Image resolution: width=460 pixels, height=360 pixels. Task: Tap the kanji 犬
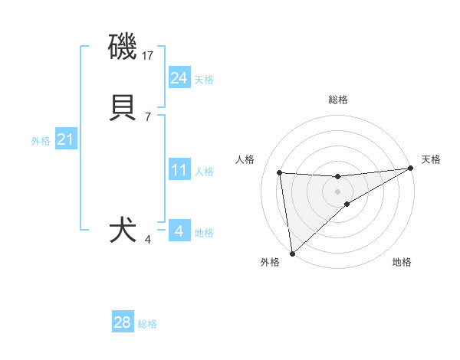[123, 231]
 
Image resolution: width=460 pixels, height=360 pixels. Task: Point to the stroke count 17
[149, 56]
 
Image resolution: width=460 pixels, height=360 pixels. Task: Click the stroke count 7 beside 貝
[147, 117]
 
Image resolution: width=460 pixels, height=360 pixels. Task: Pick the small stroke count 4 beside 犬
[147, 240]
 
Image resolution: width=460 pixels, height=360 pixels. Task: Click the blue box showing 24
[179, 78]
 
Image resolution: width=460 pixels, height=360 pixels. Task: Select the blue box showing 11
[179, 170]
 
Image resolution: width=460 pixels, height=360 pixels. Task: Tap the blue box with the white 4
[179, 231]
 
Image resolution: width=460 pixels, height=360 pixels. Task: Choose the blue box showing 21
[66, 139]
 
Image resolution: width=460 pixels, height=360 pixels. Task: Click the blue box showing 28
[123, 322]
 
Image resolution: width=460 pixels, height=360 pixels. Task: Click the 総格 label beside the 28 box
[147, 324]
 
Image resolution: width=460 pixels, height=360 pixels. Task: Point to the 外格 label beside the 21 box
[41, 141]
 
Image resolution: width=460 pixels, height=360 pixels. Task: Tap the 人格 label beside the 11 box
[204, 172]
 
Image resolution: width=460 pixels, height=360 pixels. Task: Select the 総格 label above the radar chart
[338, 100]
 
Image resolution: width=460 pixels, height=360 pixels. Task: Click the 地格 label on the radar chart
[402, 262]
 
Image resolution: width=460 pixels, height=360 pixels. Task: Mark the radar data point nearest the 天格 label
[410, 169]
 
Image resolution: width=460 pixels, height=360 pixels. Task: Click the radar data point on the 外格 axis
[291, 253]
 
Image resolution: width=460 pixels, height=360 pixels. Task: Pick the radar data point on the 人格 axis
[280, 172]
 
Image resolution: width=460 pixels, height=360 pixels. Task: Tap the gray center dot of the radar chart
[338, 191]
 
